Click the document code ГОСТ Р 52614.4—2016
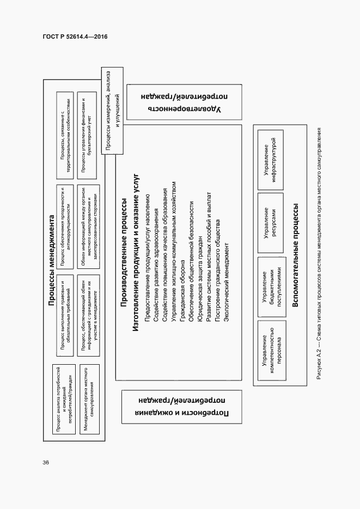[75, 36]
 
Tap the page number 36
[46, 463]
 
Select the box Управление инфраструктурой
[270, 162]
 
